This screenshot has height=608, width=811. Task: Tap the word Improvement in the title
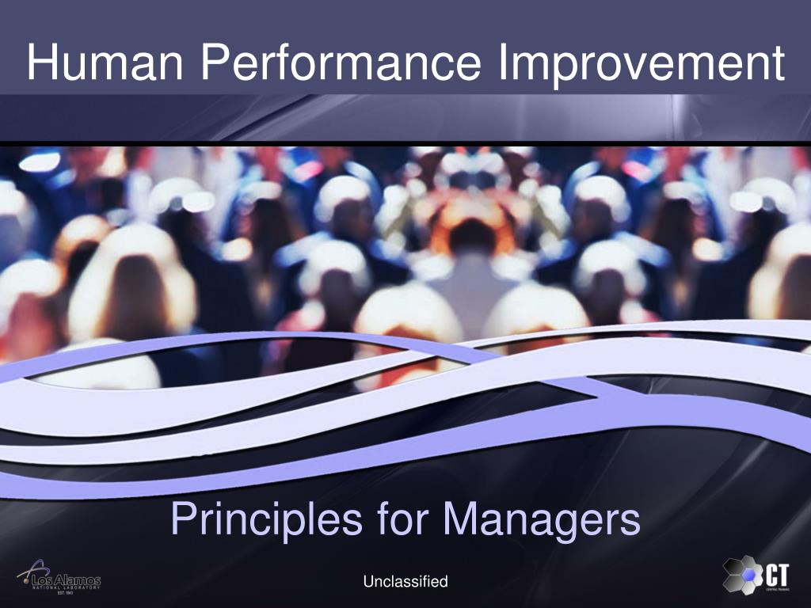click(x=642, y=63)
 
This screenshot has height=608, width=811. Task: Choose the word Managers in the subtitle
click(x=541, y=520)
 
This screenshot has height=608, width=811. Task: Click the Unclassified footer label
click(x=405, y=582)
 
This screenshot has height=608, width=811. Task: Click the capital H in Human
click(x=40, y=63)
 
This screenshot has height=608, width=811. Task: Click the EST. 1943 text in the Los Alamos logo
click(x=66, y=593)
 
